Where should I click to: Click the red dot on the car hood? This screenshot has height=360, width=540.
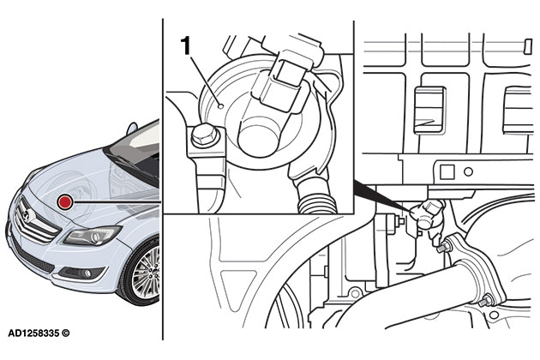click(64, 201)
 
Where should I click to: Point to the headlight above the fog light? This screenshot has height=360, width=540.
click(93, 235)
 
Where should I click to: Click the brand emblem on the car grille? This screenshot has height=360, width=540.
click(27, 212)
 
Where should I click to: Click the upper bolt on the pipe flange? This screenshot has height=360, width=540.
click(447, 248)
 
